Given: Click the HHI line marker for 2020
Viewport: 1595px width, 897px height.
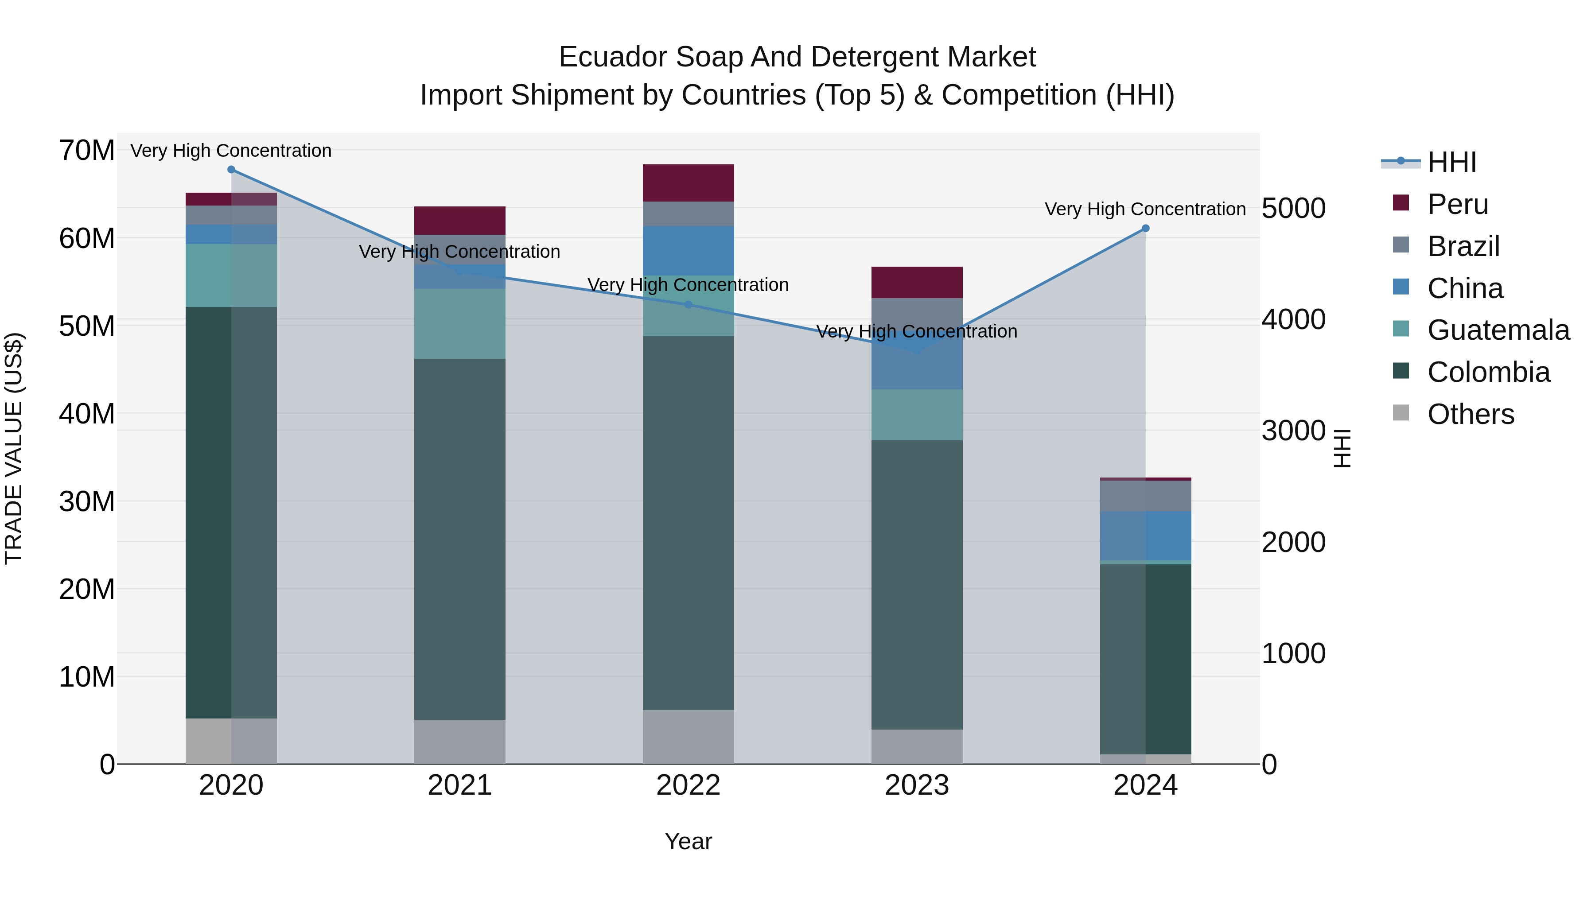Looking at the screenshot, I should tap(231, 170).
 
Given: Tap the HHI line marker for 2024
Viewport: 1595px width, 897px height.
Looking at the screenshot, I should tap(1145, 229).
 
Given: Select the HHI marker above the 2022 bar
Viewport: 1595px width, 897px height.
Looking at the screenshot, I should tap(688, 305).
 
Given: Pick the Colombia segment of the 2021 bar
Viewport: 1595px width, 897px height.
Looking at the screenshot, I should tap(459, 539).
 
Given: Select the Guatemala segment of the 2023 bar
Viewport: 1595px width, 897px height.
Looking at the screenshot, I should tap(916, 415).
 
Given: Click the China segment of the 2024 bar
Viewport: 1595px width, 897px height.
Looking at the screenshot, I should tap(1145, 536).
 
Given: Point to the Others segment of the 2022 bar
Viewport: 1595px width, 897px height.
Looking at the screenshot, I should tap(688, 737).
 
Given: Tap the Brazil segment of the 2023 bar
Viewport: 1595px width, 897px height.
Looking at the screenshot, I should tap(916, 314).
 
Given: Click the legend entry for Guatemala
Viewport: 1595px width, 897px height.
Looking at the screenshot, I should tap(1498, 330).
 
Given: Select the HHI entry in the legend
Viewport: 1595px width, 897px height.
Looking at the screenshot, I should tap(1451, 162).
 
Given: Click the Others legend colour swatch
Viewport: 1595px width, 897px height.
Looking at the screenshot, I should tap(1400, 413).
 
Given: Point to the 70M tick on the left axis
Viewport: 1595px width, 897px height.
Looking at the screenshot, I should tap(87, 151).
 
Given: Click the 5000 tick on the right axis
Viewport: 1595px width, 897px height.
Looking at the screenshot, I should tap(1293, 208).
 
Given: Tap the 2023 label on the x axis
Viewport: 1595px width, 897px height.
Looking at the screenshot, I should tap(916, 785).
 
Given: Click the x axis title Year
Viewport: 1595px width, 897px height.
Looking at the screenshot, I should tap(688, 841).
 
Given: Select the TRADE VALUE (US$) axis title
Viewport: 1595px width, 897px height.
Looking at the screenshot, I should tap(14, 448).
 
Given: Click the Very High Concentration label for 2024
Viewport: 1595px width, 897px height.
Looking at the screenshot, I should tap(1145, 209).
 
